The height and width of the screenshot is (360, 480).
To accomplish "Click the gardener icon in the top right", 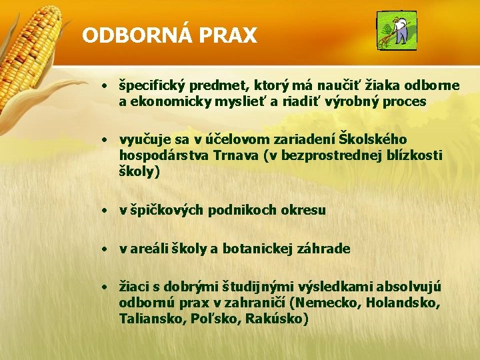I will tap(396, 31).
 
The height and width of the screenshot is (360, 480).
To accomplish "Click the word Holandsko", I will tap(403, 303).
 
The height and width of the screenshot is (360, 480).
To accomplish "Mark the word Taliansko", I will tap(149, 319).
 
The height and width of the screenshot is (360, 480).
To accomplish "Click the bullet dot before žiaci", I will tap(105, 288).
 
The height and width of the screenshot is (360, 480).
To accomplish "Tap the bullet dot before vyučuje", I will tap(105, 140).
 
